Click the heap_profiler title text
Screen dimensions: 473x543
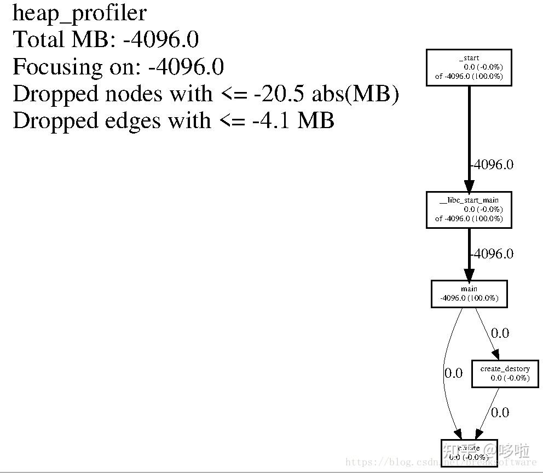pos(79,13)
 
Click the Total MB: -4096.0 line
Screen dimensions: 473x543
pos(105,39)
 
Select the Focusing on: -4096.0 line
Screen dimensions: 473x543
pos(118,67)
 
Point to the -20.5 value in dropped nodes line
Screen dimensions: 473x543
pos(279,94)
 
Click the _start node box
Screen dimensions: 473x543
pos(469,67)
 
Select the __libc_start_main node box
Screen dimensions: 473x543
pos(469,209)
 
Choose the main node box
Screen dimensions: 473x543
pos(469,293)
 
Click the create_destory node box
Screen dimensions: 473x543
pos(505,373)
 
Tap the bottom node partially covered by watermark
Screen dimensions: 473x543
pos(469,453)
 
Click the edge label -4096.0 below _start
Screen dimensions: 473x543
pos(492,165)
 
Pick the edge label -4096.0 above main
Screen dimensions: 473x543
pos(492,253)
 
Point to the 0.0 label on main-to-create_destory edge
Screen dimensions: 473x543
pos(500,333)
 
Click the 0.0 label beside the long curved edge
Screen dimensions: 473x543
pos(453,373)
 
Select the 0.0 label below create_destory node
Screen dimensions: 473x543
pos(500,412)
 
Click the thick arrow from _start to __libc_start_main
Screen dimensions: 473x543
pos(469,131)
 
